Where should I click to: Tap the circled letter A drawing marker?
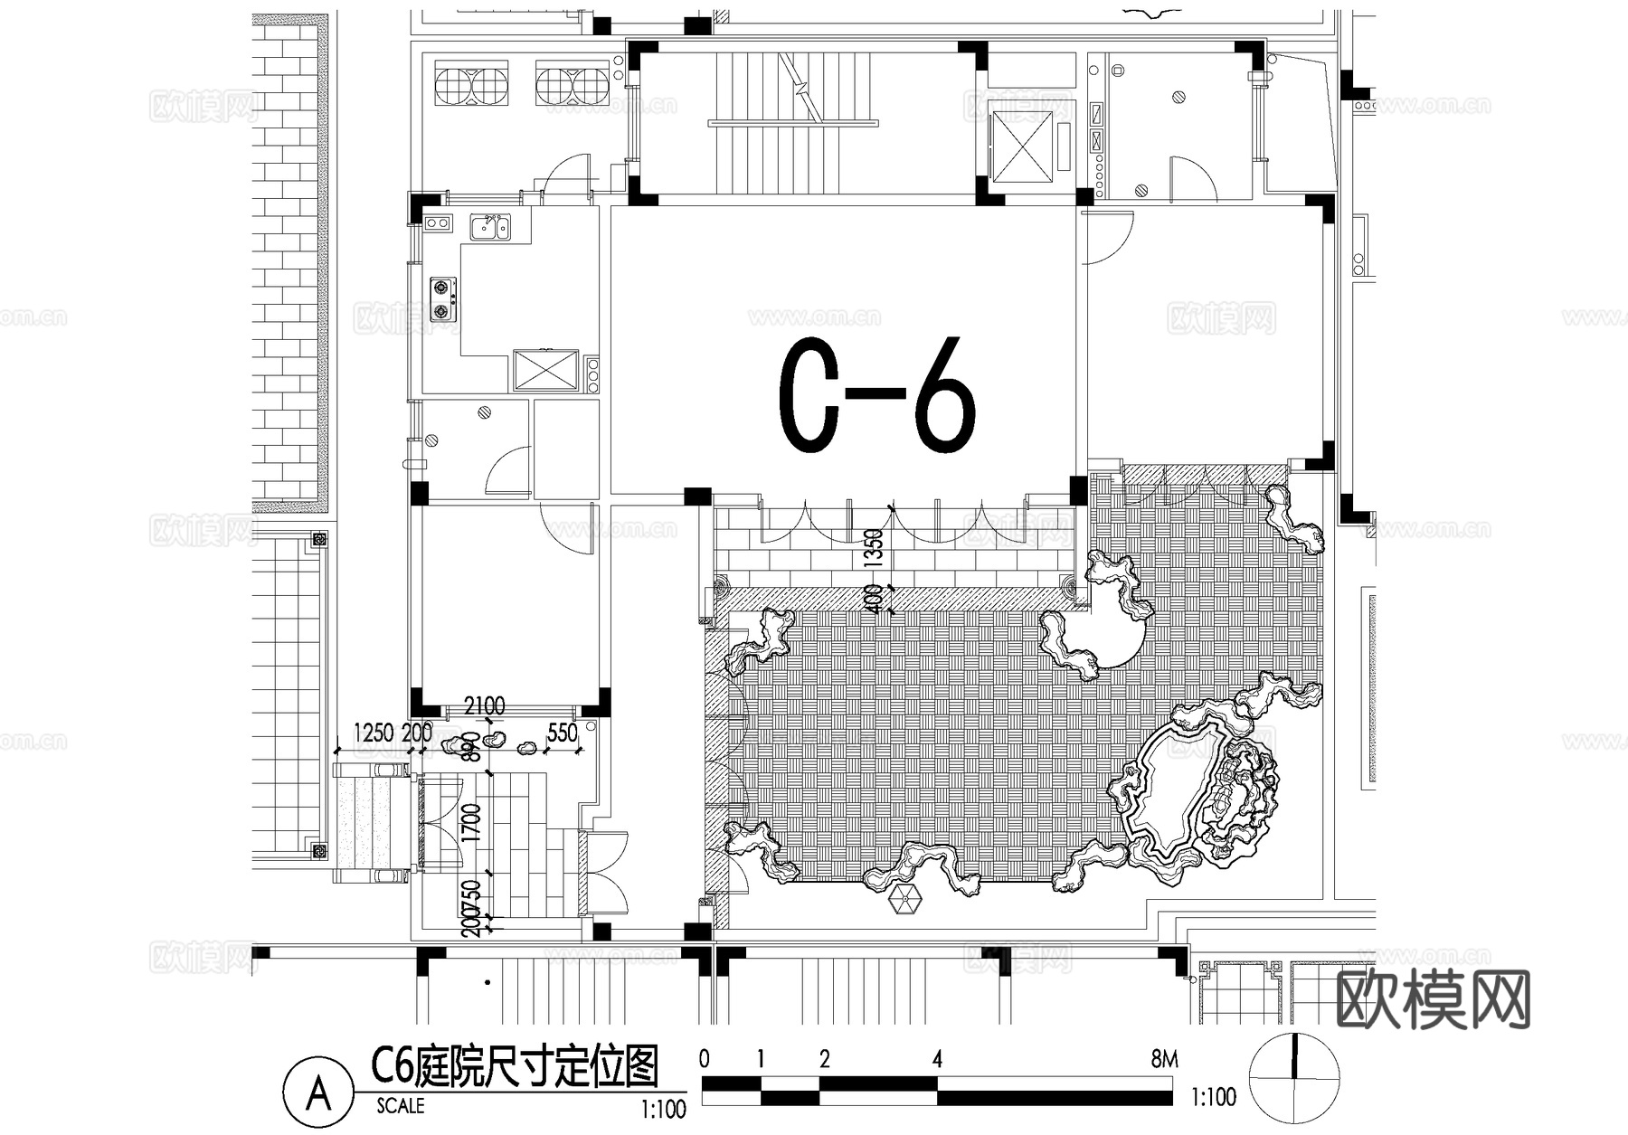[x=317, y=1093]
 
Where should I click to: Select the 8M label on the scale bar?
[x=1164, y=1059]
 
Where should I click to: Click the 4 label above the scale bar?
[x=937, y=1059]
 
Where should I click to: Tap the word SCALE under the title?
[x=400, y=1106]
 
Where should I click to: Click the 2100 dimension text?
[x=484, y=705]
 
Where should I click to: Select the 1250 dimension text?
[x=374, y=732]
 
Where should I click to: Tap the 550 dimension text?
[x=562, y=733]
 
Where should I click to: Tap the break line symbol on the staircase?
[x=801, y=85]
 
